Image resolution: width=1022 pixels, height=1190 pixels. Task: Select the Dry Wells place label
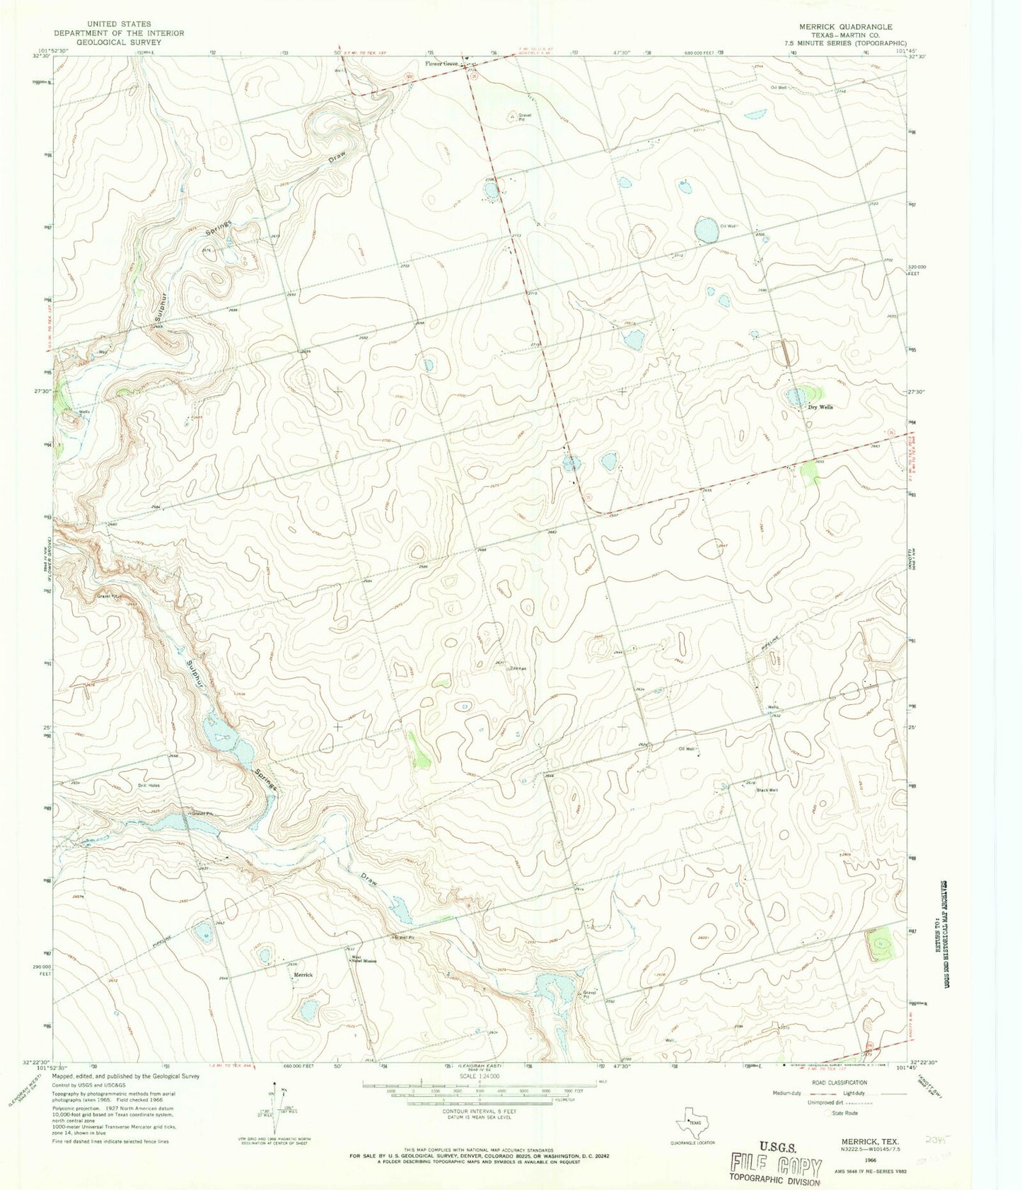coord(820,407)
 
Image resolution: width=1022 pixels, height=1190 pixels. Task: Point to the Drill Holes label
coord(149,786)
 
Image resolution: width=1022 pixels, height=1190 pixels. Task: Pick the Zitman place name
coord(517,668)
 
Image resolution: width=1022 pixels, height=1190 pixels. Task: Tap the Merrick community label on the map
coord(303,975)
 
